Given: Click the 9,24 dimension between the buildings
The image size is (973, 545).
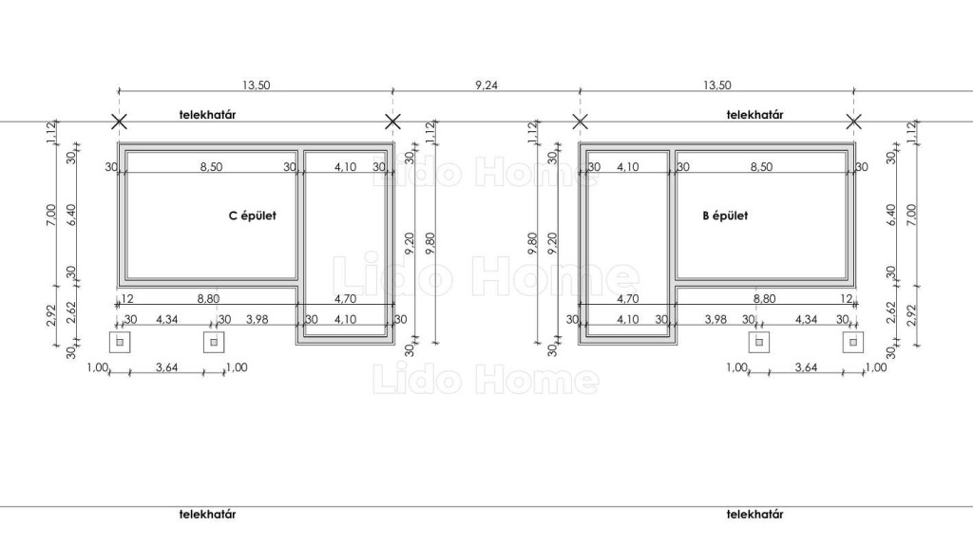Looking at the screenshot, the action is (486, 85).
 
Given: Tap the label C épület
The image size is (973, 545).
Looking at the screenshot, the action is (253, 216).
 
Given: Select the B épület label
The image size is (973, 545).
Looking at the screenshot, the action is (725, 216).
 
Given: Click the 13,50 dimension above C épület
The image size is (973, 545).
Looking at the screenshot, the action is (256, 85).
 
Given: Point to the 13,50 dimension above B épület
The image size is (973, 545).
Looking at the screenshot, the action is (716, 85).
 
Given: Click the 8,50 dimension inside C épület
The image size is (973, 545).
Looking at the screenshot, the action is (211, 167).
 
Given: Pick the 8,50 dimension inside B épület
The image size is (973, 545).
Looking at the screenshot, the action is (761, 167).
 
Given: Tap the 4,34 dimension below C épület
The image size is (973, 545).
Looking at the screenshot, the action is (166, 319).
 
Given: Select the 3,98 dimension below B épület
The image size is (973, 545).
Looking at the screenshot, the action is (715, 319).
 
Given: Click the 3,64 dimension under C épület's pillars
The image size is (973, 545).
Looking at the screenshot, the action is (167, 367).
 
